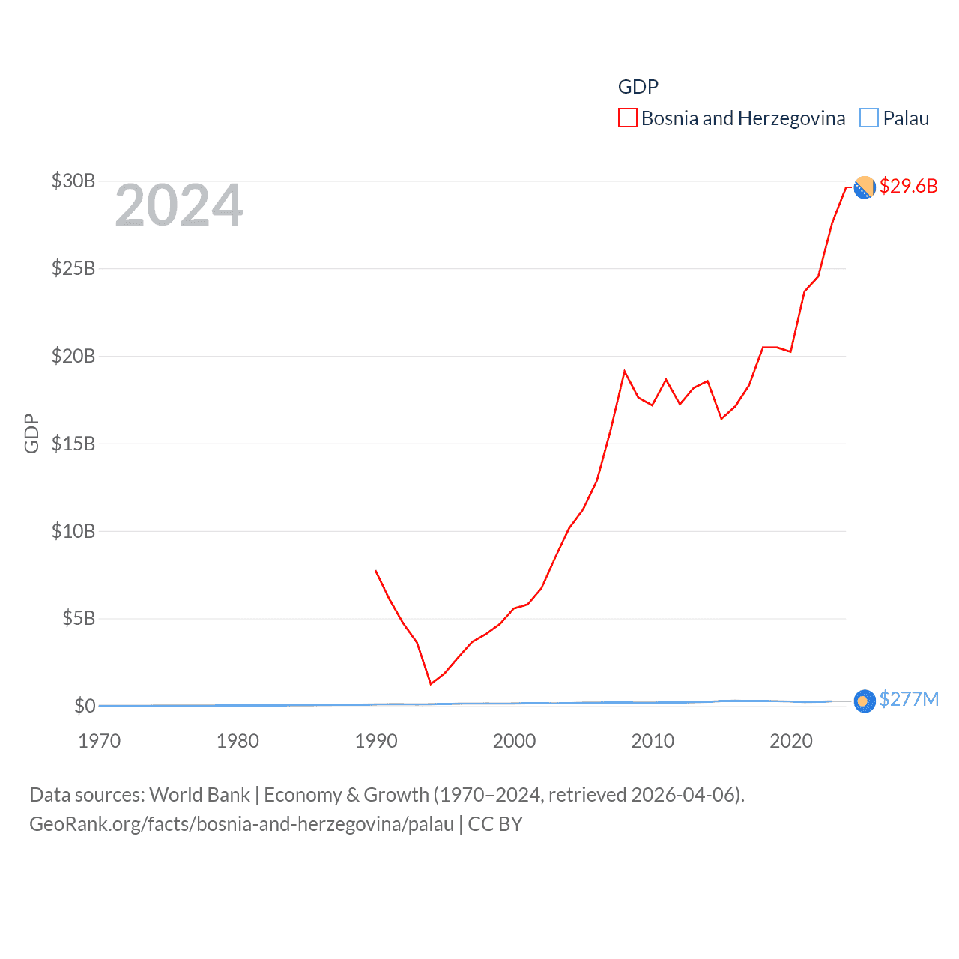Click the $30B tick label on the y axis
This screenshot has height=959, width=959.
pos(73,181)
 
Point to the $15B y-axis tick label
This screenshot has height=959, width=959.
pos(73,444)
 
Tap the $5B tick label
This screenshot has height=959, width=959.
pos(78,619)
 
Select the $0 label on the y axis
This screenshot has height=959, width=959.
pos(84,706)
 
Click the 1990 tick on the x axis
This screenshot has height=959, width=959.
pos(376,741)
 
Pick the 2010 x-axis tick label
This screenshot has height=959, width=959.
pos(653,741)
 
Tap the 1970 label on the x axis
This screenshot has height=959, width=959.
pos(100,741)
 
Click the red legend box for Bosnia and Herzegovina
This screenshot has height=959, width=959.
pos(628,118)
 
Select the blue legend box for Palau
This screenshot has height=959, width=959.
pos(869,118)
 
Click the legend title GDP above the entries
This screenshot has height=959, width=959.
pos(638,87)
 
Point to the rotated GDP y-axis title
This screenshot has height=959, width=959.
pos(31,433)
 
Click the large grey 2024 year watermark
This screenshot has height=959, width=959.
pos(179,205)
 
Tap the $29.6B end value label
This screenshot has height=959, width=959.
pos(908,186)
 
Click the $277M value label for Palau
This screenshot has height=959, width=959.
pos(909,699)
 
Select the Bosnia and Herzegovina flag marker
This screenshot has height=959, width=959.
pos(865,187)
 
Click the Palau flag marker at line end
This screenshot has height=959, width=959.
pos(865,701)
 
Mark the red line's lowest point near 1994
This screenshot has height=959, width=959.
pos(431,683)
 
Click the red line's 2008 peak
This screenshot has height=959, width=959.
pos(624,372)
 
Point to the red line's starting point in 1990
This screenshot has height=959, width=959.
pos(375,571)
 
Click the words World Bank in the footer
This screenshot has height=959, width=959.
pos(199,794)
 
